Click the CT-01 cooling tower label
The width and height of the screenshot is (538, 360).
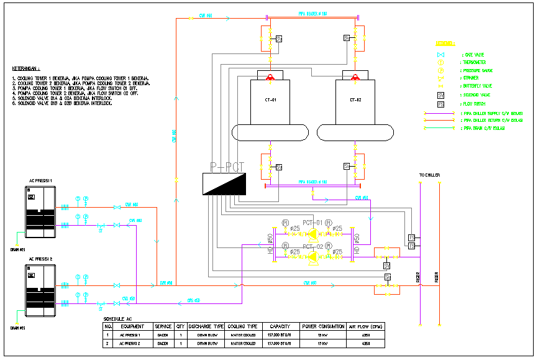(x=270, y=99)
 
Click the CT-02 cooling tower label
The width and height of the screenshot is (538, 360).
(x=355, y=99)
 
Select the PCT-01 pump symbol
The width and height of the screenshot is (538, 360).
(x=312, y=234)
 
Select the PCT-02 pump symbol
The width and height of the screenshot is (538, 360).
(x=312, y=254)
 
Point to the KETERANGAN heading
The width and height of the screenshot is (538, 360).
(x=26, y=68)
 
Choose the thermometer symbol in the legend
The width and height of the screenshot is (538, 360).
(x=440, y=63)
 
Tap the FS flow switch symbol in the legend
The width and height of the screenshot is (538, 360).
(x=440, y=104)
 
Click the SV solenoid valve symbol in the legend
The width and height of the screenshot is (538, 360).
(x=440, y=95)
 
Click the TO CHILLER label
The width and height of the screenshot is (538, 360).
(x=429, y=175)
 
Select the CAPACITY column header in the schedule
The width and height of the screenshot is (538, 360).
(x=281, y=326)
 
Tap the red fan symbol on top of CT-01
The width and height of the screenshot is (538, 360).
(x=270, y=78)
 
